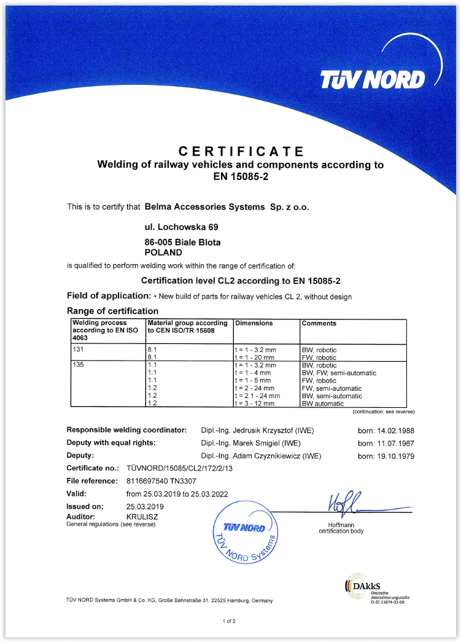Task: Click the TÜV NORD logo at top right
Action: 372,79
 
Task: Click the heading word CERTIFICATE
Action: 241,151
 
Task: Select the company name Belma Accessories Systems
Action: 204,207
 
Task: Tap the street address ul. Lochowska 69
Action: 177,227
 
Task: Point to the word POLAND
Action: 163,252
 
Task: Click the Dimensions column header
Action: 254,323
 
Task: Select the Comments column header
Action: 319,323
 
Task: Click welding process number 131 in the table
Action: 77,350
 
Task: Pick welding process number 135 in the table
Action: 77,365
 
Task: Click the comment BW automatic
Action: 323,404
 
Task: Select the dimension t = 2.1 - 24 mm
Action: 257,396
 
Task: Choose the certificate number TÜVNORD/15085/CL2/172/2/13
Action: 179,469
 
